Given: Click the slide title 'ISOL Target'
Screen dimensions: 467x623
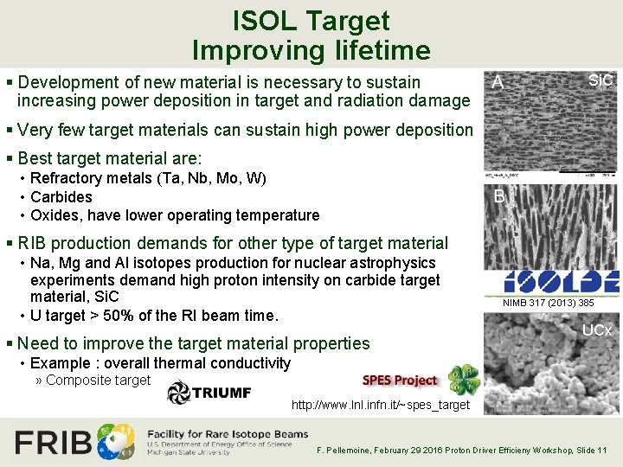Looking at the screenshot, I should coord(311,21).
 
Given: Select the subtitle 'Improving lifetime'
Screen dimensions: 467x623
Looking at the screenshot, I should coord(311,50).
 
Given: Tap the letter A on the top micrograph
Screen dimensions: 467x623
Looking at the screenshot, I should coord(498,83).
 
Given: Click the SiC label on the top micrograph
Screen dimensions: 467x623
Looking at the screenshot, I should coord(600,80).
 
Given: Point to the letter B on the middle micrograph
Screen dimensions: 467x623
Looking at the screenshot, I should coord(499,196).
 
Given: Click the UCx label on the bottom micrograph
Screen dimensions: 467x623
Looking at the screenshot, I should coord(597,330).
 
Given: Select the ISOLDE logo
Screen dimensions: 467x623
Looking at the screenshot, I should coord(562,281).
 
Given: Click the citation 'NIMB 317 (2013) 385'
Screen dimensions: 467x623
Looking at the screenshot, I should coord(549,303).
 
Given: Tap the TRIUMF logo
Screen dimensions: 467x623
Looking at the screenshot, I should coord(209,392).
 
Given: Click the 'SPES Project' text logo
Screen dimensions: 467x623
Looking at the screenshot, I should coord(400,381).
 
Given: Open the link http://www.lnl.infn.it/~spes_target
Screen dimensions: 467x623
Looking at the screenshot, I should coord(381,405).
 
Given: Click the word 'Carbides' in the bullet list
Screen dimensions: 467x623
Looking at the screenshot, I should coord(61,196).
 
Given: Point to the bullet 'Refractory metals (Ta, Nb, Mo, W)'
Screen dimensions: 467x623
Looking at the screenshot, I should coord(148,178).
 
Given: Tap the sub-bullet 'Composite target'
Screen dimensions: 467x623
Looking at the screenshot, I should coord(98,380).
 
